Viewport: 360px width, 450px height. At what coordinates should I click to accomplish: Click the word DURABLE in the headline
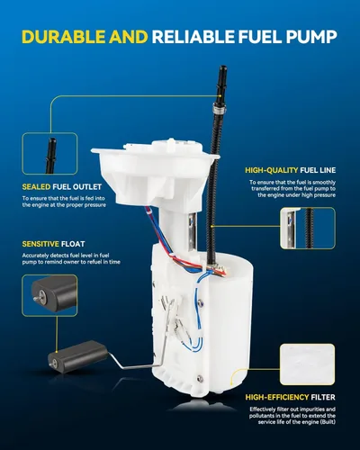click(x=64, y=37)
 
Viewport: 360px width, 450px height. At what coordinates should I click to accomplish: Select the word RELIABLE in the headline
click(x=193, y=37)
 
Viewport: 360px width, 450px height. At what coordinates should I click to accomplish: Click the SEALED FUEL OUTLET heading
click(x=62, y=187)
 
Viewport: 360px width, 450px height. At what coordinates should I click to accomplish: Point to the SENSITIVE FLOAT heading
click(x=53, y=244)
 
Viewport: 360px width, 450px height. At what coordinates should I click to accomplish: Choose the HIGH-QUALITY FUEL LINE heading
click(x=291, y=170)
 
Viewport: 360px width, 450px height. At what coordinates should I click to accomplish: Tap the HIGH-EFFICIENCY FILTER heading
click(x=290, y=397)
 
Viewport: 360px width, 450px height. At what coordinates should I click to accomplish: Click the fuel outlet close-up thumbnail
click(x=49, y=154)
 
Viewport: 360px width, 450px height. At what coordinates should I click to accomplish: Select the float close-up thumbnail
click(x=49, y=295)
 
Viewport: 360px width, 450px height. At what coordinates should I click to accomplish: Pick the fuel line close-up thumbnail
click(x=308, y=229)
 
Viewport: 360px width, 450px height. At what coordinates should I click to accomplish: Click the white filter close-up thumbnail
click(x=307, y=364)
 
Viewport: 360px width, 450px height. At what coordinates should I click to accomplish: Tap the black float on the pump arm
click(x=77, y=356)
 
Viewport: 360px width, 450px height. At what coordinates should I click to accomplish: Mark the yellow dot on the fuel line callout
click(x=211, y=226)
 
